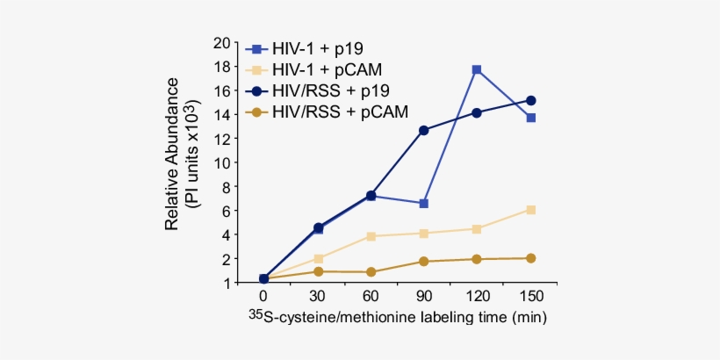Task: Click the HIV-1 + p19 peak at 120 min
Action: click(x=477, y=69)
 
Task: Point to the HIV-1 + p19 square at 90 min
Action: click(x=424, y=204)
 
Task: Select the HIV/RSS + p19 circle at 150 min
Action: click(x=530, y=101)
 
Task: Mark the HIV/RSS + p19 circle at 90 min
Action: click(x=424, y=130)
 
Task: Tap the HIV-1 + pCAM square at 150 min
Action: click(x=530, y=210)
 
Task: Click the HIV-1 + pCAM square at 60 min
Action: click(x=371, y=236)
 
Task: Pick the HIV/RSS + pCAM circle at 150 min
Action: click(x=530, y=258)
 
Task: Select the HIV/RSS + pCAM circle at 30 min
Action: click(x=318, y=271)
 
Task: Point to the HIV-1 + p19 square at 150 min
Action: click(x=530, y=118)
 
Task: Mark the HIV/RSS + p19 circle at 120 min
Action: click(x=477, y=112)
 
